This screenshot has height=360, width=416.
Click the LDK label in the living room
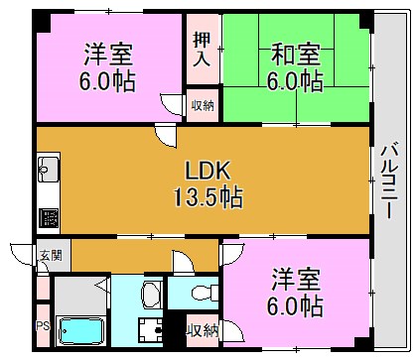tap(206, 170)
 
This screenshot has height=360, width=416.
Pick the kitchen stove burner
tap(47, 216)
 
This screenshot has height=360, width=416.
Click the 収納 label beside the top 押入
tap(202, 102)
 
